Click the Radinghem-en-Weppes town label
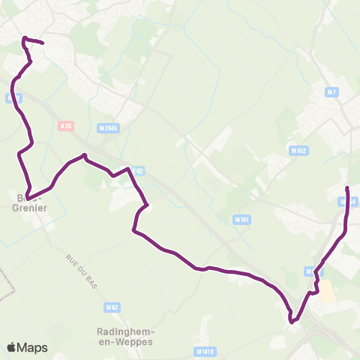pos(125,335)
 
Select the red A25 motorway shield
pos(64,126)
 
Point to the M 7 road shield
pos(332,92)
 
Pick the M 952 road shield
pos(299,150)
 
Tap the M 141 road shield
pos(241,219)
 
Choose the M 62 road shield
pos(112,307)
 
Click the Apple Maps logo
pos(27,347)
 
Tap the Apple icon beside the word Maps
pos(12,347)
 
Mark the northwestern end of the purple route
pos(42,43)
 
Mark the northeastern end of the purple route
pos(347,187)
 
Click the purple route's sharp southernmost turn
pos(293,322)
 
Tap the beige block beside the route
pos(328,291)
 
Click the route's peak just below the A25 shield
pos(84,156)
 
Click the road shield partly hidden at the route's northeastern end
pos(346,202)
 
